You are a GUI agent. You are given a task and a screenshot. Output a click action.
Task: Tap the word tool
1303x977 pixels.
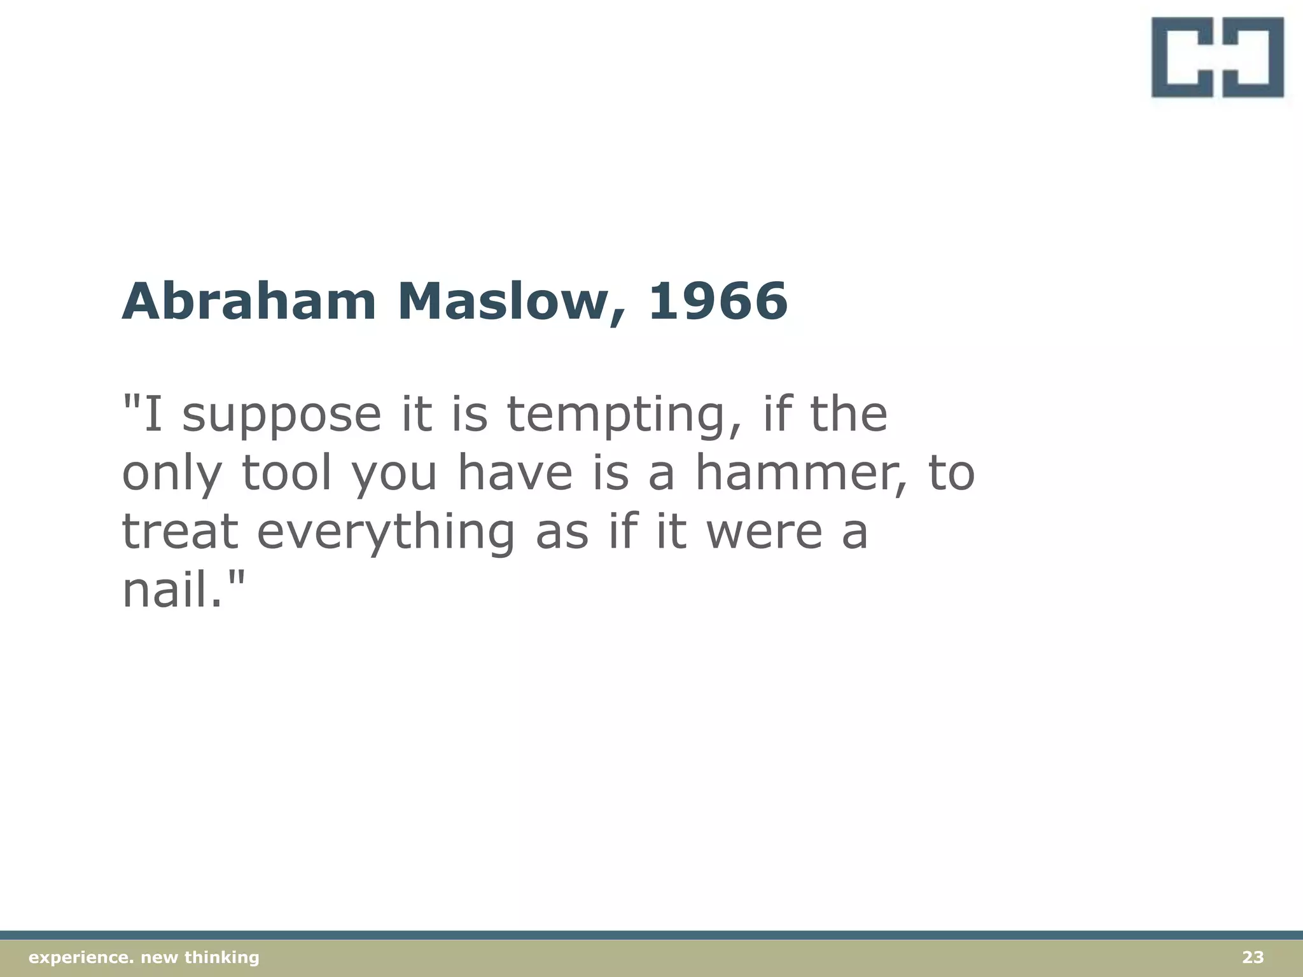point(287,474)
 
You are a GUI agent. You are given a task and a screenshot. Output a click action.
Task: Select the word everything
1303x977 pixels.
point(386,533)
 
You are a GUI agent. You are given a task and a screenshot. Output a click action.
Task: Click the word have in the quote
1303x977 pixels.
point(516,474)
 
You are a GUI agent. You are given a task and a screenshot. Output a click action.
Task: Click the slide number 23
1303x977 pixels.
point(1253,957)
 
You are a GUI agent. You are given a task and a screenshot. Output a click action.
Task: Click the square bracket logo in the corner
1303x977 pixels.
point(1217,57)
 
